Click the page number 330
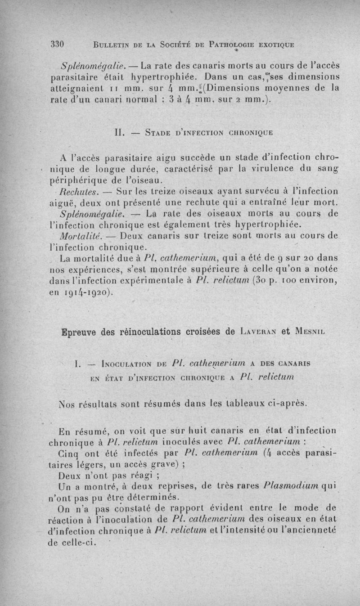58,44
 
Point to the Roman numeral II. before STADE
119,134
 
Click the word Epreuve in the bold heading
74,332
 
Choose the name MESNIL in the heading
309,333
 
